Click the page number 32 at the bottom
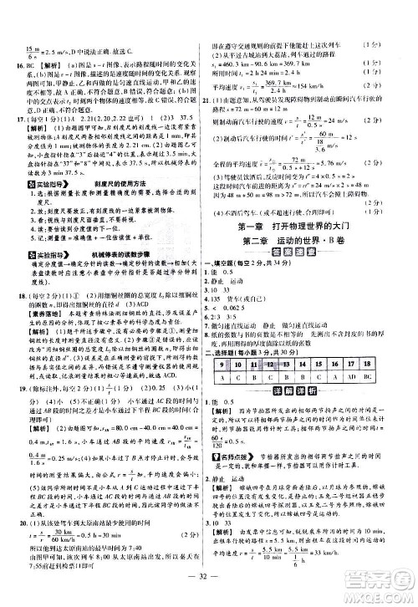209,594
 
